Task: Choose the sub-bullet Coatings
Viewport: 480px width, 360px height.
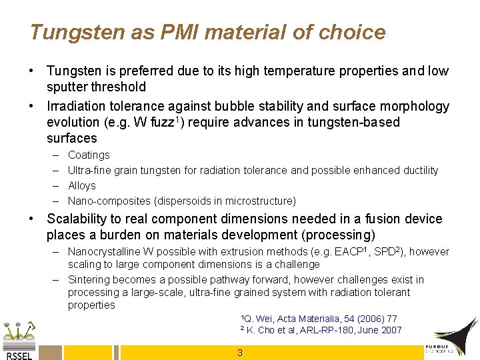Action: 89,155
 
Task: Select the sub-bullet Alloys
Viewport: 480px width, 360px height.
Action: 82,185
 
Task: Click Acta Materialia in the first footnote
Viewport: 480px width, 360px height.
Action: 305,319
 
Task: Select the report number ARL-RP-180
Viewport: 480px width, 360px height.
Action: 329,330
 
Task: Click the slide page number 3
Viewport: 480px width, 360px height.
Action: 240,353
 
